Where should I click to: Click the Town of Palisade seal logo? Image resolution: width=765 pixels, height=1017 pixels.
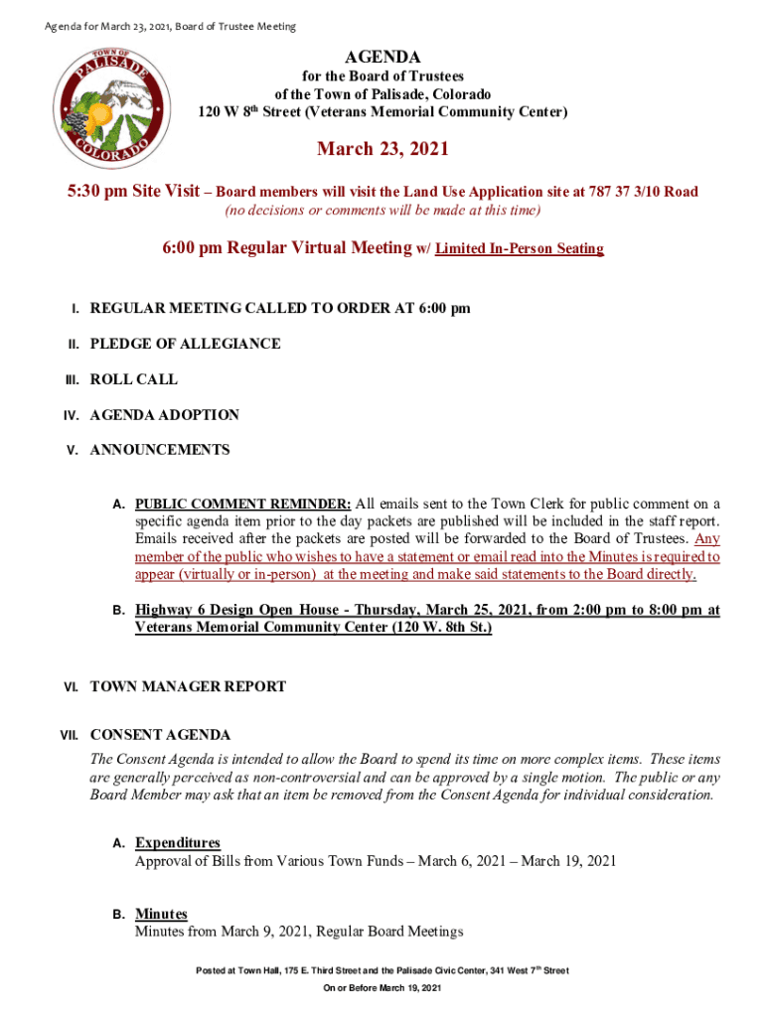point(105,109)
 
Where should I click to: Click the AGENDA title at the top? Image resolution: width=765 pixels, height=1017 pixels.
point(382,59)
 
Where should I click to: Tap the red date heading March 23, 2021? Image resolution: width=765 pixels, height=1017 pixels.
point(382,149)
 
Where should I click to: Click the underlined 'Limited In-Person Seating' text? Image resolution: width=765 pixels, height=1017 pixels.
point(520,248)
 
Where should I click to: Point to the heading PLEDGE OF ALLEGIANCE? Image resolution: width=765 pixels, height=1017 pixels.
point(185,344)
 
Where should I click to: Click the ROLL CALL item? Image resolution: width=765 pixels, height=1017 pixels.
point(134,379)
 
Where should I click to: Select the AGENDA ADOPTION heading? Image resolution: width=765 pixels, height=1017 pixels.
point(164,415)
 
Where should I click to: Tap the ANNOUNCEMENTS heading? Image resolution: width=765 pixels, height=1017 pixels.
point(160,450)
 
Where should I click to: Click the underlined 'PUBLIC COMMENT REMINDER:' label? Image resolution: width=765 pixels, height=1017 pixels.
point(243,504)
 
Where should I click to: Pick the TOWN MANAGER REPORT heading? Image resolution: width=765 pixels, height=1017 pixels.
point(188,686)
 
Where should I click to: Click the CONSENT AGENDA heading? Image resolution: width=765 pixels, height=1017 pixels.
point(160,736)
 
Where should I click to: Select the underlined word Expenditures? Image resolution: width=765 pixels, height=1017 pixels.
point(178,843)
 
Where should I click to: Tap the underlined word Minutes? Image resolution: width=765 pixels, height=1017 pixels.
point(161,914)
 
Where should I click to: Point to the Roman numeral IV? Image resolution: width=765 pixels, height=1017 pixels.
point(72,416)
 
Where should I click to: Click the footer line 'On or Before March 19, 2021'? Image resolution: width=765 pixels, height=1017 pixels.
point(382,989)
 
